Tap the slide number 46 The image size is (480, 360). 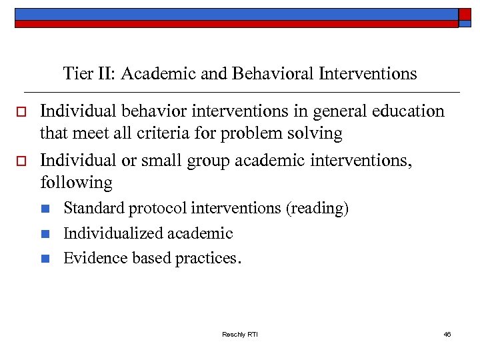click(x=447, y=334)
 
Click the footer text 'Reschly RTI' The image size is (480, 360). click(x=240, y=334)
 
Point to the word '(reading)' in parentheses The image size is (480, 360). click(x=317, y=209)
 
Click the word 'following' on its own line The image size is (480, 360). click(x=76, y=182)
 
